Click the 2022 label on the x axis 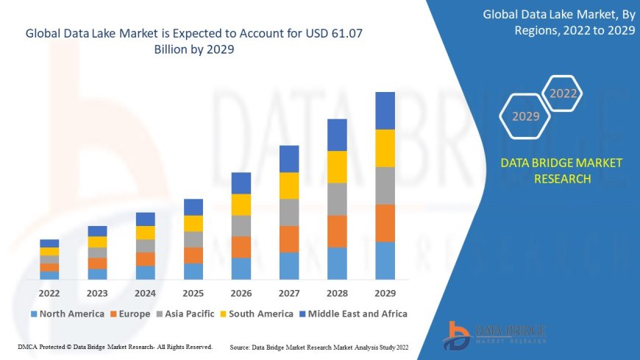click(x=49, y=292)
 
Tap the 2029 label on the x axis click(x=385, y=292)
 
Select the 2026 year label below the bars click(x=241, y=292)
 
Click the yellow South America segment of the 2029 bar click(x=385, y=148)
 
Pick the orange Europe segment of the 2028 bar click(x=337, y=231)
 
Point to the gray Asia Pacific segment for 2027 click(x=289, y=212)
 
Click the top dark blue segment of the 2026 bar click(x=241, y=183)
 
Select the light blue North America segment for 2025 click(x=193, y=272)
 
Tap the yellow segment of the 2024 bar click(x=146, y=233)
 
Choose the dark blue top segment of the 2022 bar click(x=49, y=243)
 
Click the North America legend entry click(x=67, y=314)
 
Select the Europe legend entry click(x=130, y=314)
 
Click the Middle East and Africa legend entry click(x=354, y=314)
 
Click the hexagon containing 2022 click(x=563, y=93)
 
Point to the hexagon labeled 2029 click(x=525, y=116)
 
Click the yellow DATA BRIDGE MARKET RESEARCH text click(x=561, y=171)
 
